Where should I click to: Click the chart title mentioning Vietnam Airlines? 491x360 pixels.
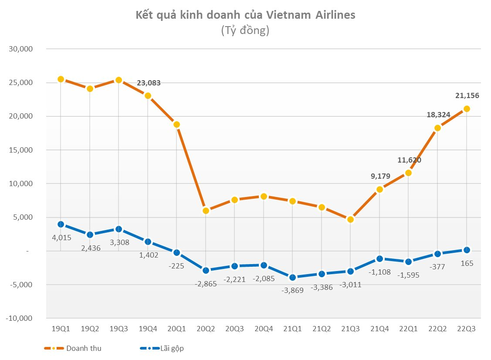point(245,15)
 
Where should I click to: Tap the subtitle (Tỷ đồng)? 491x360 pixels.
point(245,31)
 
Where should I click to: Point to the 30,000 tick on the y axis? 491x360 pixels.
point(21,49)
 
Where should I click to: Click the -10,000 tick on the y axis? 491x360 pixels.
point(20,318)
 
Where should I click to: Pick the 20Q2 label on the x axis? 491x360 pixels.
point(206,329)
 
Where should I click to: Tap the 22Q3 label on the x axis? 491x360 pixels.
point(467,329)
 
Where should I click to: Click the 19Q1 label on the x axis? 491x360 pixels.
point(61,329)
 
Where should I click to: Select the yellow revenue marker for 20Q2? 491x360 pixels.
point(206,211)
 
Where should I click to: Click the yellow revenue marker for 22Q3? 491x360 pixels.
point(467,109)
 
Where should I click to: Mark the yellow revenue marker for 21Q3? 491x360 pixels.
point(351,219)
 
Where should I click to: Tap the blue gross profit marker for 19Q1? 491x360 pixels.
point(61,224)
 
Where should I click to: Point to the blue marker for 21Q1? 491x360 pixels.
point(293,277)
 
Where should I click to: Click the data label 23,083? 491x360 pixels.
point(149,82)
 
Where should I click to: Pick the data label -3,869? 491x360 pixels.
point(293,290)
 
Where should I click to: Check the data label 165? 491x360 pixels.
point(467,263)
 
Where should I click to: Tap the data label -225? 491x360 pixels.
point(177,265)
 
